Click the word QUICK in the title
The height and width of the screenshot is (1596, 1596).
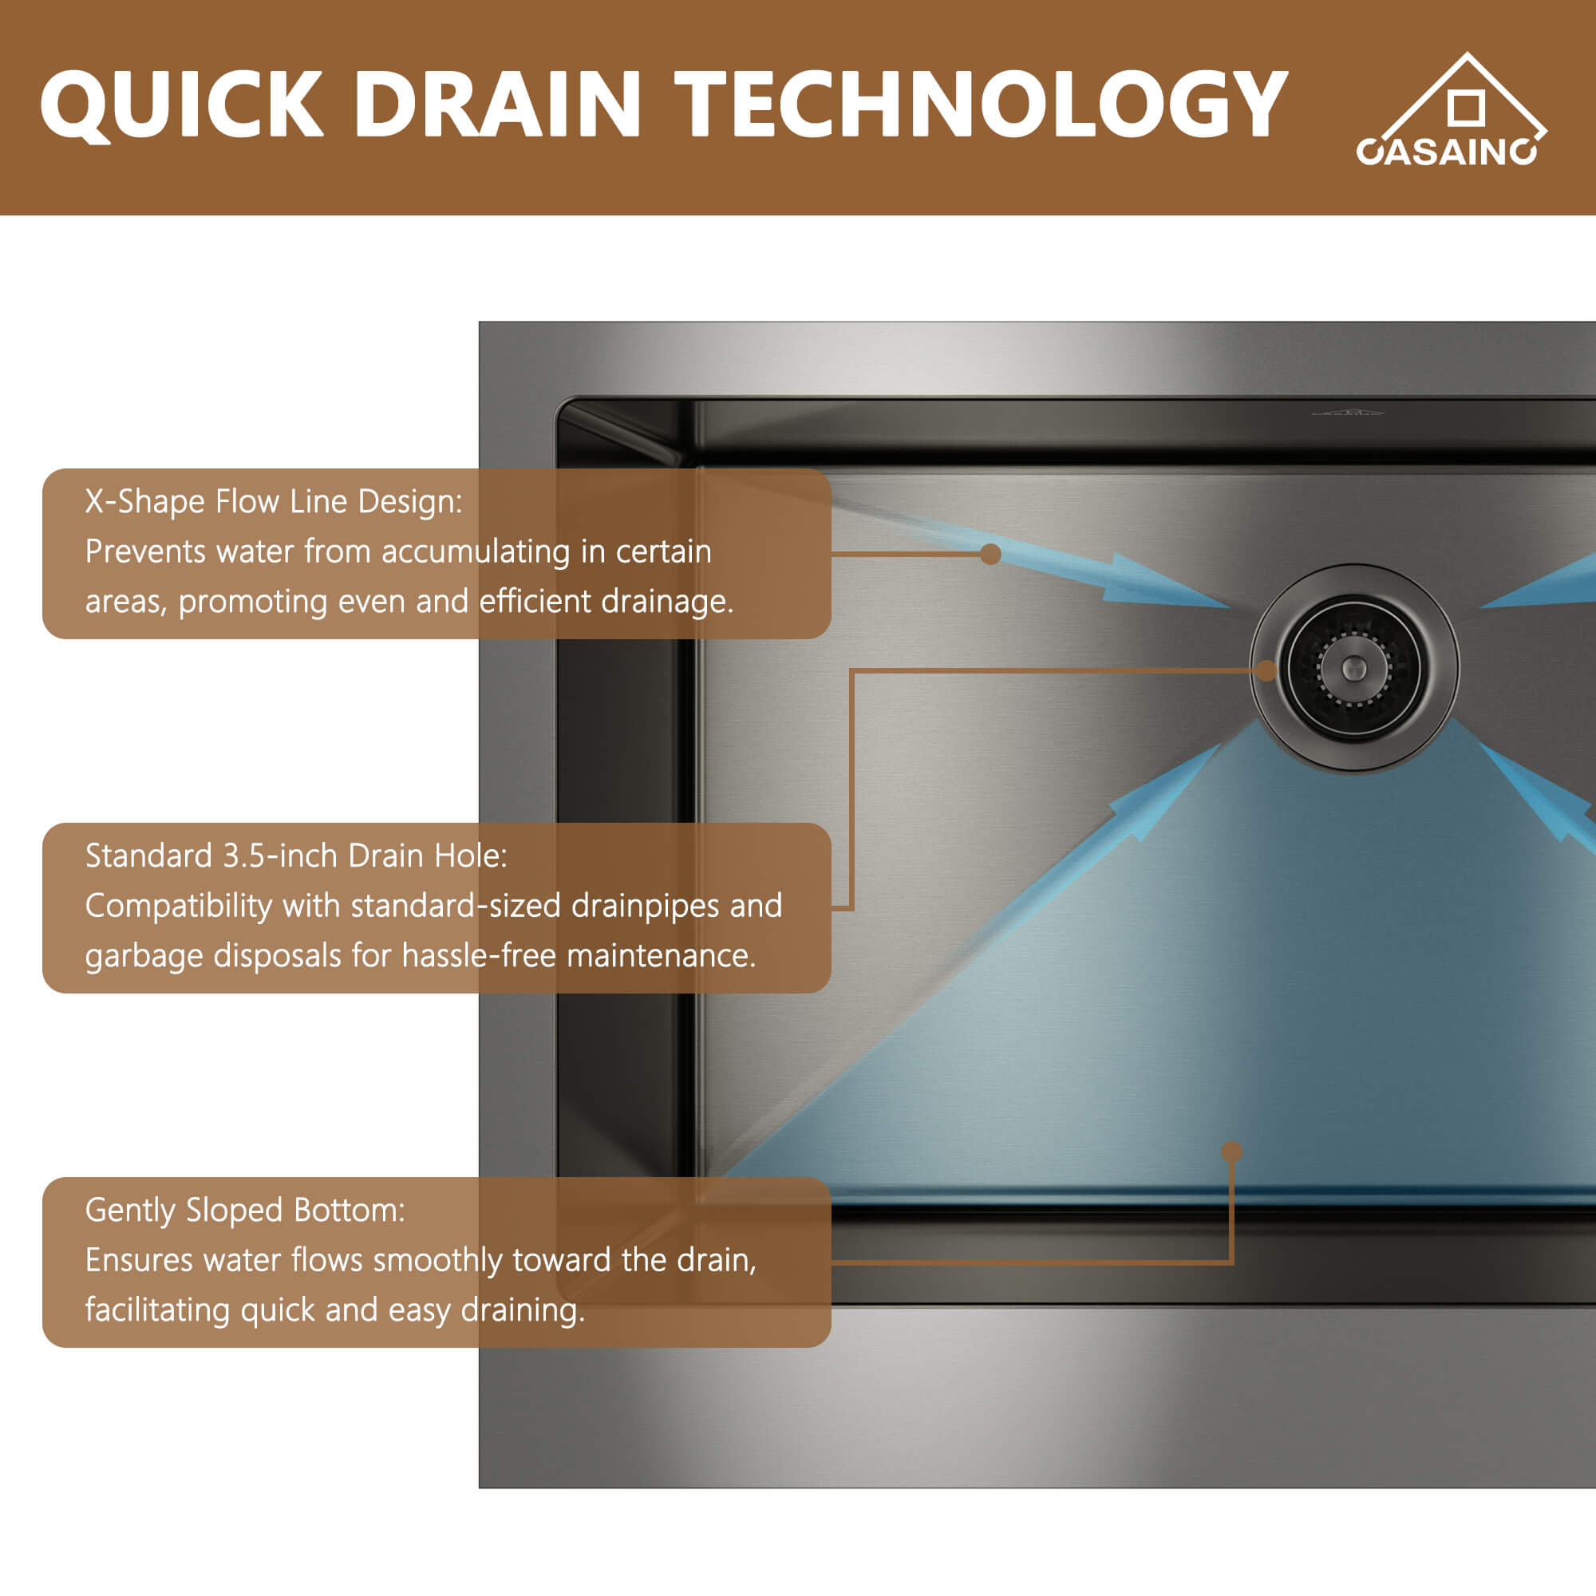pos(181,105)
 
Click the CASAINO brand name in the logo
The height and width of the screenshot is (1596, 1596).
pos(1447,152)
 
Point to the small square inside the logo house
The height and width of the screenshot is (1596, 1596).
pos(1466,108)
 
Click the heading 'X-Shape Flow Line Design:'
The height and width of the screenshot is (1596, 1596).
pos(274,501)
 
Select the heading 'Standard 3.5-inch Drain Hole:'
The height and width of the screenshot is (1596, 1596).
pos(296,855)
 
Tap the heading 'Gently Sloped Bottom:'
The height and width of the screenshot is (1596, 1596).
pos(245,1211)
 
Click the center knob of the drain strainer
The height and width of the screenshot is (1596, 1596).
pos(1354,666)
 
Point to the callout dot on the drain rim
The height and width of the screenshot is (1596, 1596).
pos(1266,671)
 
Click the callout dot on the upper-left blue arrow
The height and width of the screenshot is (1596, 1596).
pos(990,554)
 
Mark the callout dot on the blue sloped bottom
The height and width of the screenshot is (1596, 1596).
pos(1231,1152)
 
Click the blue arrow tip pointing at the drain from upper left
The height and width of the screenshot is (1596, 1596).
pos(1215,603)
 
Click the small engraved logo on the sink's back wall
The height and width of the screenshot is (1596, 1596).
pos(1349,410)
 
